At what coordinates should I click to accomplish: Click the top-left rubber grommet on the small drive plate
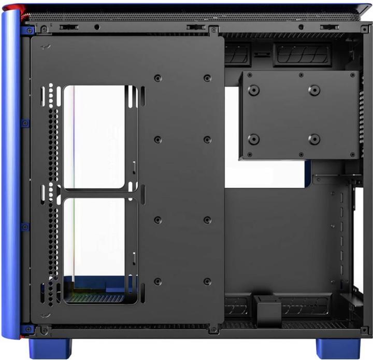(253, 90)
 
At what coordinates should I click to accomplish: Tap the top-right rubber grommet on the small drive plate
(314, 90)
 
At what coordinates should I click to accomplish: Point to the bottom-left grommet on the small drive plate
(253, 139)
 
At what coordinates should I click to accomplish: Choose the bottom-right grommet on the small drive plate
(314, 139)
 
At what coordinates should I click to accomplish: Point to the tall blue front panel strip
(10, 171)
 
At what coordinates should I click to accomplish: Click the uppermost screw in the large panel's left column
(158, 78)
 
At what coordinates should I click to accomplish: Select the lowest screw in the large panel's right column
(207, 282)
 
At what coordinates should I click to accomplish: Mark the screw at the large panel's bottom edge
(211, 330)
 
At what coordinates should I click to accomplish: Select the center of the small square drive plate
(299, 115)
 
